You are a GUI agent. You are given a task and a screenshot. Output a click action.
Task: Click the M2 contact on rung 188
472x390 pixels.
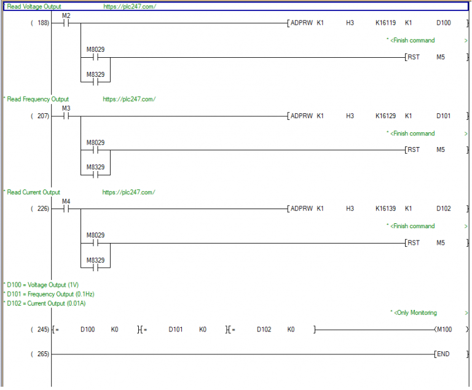[x=66, y=23]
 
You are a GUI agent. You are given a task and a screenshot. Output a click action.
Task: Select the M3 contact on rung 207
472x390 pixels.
[x=66, y=116]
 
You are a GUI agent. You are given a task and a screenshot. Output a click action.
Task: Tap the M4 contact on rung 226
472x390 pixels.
[x=66, y=209]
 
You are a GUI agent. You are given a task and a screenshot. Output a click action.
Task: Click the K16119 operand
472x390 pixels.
[x=385, y=23]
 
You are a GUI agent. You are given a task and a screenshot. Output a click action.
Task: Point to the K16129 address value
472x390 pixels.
[x=385, y=116]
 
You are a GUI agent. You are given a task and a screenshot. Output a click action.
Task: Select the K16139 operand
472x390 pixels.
[x=385, y=209]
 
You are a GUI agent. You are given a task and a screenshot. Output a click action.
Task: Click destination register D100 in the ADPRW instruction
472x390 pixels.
[x=443, y=23]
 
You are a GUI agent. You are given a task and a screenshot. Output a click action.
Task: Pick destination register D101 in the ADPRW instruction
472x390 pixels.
[x=443, y=116]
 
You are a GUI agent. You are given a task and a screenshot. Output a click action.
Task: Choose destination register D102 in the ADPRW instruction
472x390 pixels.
[x=443, y=209]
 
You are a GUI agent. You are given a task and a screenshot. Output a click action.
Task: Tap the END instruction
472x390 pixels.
[x=443, y=354]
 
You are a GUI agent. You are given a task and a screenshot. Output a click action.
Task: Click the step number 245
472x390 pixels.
[x=43, y=330]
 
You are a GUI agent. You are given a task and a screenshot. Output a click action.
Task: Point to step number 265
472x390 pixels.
[x=43, y=354]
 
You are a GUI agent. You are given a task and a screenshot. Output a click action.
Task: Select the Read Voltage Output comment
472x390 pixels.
[x=34, y=7]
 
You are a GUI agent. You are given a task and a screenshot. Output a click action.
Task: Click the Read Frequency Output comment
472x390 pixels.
[x=37, y=99]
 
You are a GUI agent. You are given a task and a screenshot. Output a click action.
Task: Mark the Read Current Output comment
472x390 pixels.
[x=33, y=193]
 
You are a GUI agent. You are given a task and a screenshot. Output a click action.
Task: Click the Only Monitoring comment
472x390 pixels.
[x=415, y=313]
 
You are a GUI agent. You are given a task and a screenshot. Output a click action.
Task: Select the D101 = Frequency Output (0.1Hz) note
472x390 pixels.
[x=50, y=294]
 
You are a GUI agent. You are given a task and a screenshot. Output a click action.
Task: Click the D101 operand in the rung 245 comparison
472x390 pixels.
[x=176, y=330]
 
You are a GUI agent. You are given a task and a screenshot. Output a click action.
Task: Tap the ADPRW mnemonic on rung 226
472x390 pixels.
[x=301, y=209]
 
